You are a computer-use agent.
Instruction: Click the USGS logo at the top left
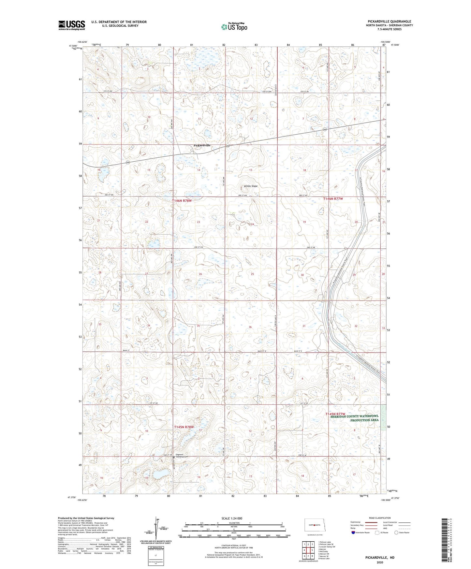click(72, 25)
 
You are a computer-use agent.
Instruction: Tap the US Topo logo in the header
click(234, 27)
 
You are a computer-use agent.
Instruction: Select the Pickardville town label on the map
click(202, 145)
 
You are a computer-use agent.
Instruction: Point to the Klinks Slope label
click(251, 186)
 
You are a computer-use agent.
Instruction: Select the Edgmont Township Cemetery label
click(182, 456)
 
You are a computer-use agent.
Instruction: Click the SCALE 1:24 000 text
click(231, 518)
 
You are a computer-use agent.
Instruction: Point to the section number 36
click(250, 327)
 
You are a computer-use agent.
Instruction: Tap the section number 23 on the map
click(199, 222)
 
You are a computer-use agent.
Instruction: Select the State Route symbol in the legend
click(396, 533)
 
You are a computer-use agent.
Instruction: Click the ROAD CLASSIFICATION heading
click(379, 518)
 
